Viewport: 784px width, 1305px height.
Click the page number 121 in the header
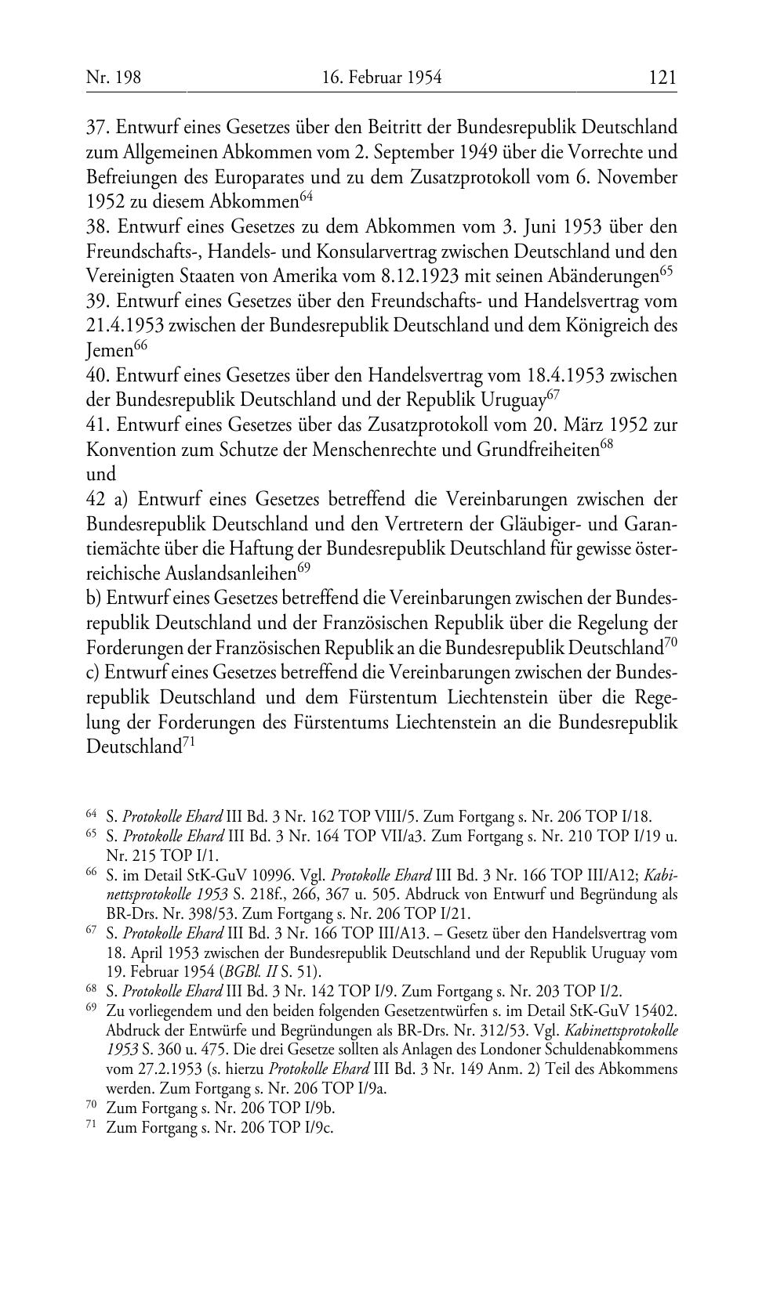[x=662, y=77]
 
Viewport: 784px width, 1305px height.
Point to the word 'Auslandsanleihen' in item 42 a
[x=191, y=574]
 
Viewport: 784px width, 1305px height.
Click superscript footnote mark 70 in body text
[x=670, y=643]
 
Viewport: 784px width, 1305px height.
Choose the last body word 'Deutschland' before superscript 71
[x=133, y=746]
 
